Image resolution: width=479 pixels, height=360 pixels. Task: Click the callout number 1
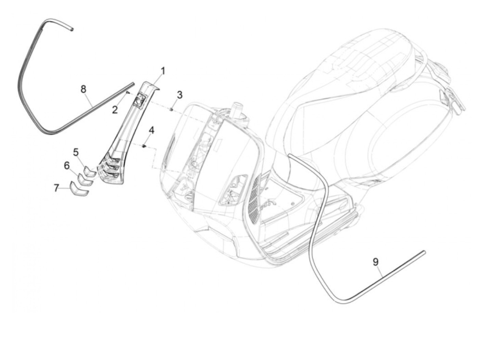click(x=163, y=72)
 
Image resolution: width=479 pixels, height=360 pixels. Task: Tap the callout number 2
click(x=115, y=110)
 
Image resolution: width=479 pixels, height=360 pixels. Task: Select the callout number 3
click(x=179, y=95)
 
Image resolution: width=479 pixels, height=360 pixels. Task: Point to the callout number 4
click(x=151, y=130)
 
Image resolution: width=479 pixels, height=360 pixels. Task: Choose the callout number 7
click(x=56, y=188)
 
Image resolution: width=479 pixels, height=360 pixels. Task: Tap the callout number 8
click(x=83, y=89)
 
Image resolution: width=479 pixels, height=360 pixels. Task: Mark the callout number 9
click(x=375, y=262)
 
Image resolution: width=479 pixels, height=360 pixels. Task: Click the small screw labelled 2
click(x=127, y=92)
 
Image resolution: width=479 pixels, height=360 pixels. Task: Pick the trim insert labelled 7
click(x=79, y=189)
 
